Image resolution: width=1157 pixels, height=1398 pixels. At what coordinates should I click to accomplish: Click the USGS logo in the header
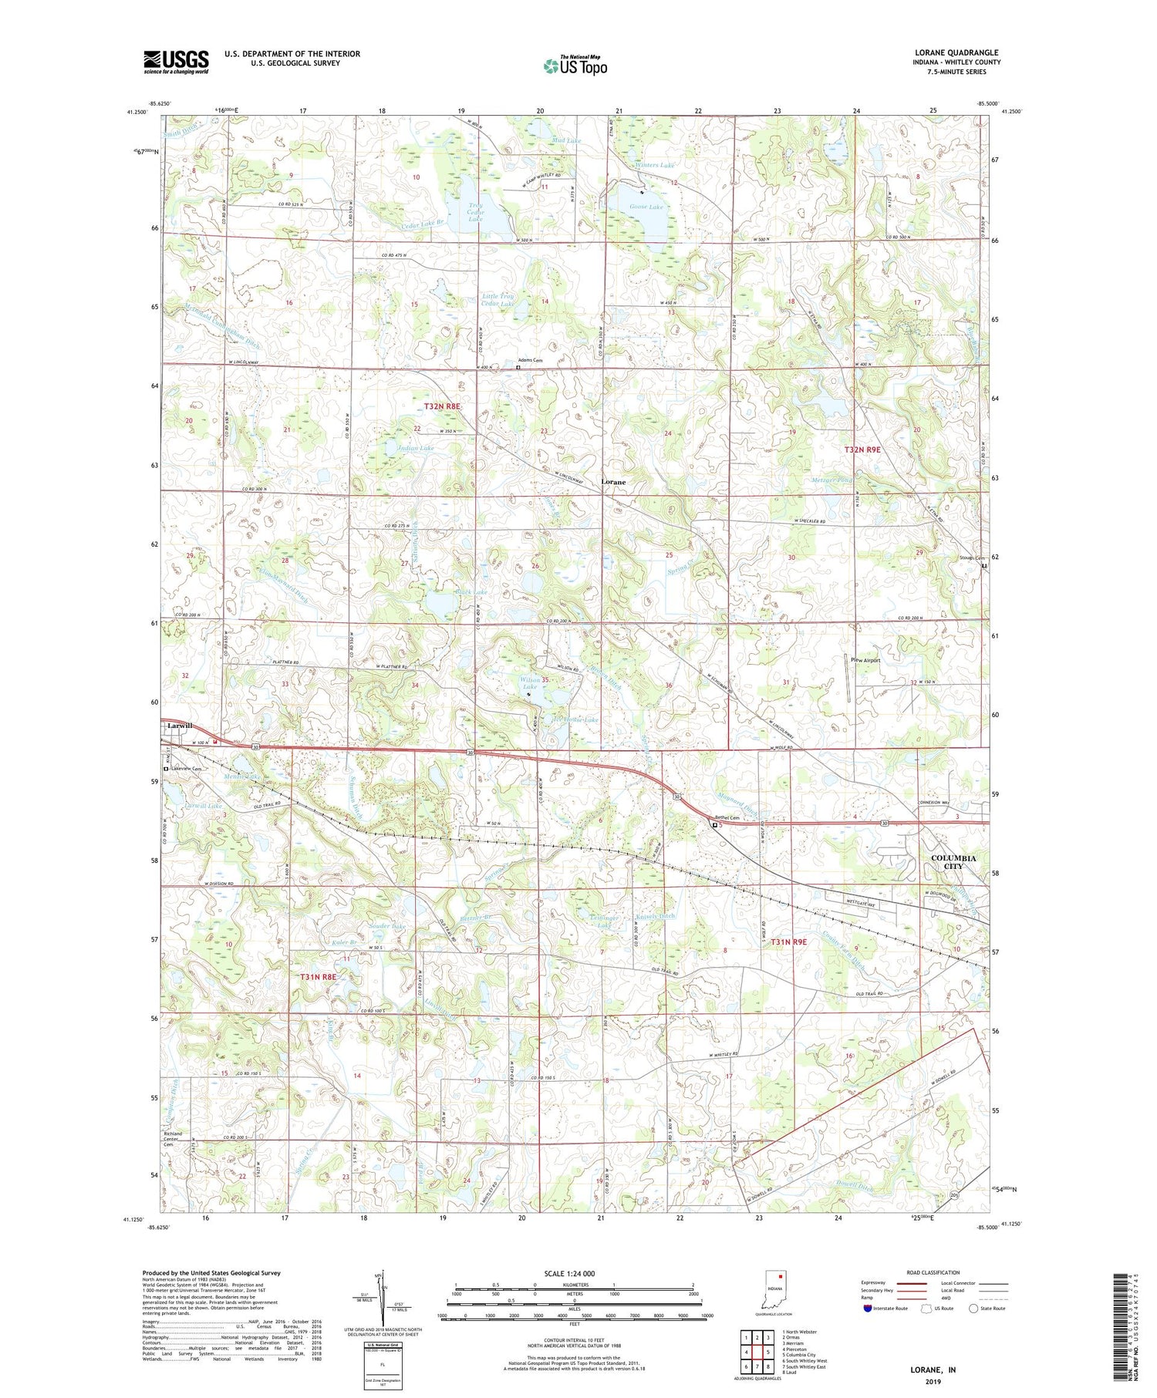176,62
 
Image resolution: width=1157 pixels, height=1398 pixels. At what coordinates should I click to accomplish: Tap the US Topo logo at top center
575,66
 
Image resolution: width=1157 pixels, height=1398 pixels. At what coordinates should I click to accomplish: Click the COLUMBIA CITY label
953,861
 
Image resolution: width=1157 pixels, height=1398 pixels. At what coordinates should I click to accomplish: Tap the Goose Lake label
646,207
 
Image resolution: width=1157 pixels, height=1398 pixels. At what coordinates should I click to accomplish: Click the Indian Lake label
417,447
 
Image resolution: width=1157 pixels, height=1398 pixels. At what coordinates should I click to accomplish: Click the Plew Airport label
865,660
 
